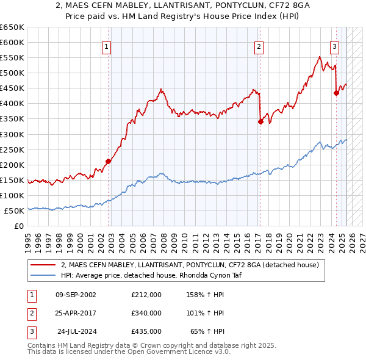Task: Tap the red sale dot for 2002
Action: point(108,161)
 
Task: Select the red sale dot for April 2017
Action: point(260,121)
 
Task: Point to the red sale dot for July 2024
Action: point(336,93)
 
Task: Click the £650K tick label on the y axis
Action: point(12,27)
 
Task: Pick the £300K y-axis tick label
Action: point(12,134)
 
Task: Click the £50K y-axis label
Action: point(14,211)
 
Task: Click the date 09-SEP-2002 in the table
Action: point(76,295)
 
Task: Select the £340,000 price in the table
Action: point(146,313)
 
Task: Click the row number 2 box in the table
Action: point(30,313)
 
